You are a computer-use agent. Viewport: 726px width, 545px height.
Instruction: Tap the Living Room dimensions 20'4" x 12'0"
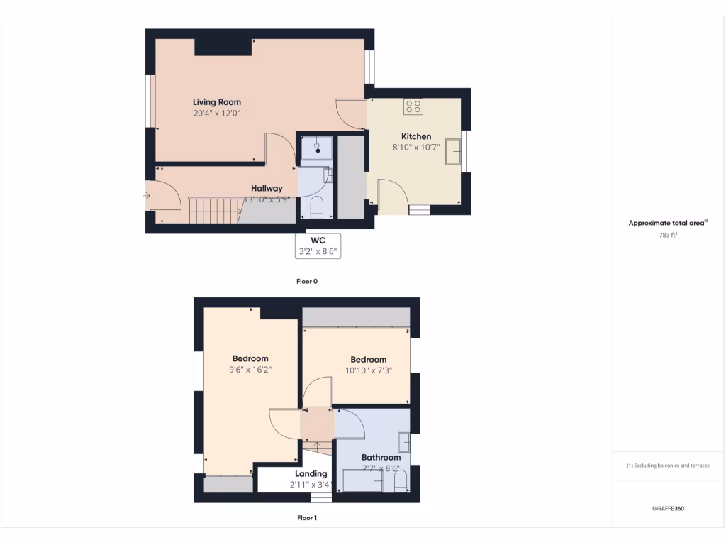point(217,113)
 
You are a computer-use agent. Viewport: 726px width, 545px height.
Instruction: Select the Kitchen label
point(416,136)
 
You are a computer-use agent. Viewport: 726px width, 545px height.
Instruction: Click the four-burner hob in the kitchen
point(413,107)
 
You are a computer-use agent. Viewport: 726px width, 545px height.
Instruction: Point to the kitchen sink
point(452,151)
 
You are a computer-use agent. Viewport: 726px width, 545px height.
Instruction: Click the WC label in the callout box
point(318,241)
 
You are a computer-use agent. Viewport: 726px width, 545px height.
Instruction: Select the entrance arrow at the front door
point(147,195)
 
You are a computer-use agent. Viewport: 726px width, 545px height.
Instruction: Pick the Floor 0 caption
point(307,281)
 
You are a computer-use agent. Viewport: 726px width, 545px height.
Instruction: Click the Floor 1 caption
point(307,518)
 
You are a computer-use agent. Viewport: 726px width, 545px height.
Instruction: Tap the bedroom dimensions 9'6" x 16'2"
point(250,370)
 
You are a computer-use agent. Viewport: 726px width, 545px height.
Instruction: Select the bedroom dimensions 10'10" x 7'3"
point(368,370)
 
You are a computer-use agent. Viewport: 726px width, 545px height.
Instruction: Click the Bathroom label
point(381,458)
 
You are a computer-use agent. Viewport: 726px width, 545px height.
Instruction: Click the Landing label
point(311,474)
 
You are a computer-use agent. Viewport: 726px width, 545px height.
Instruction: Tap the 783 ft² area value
point(669,235)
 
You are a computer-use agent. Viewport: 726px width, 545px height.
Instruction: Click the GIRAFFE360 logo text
point(669,508)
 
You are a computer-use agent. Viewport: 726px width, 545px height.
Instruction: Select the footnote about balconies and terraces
point(669,466)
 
